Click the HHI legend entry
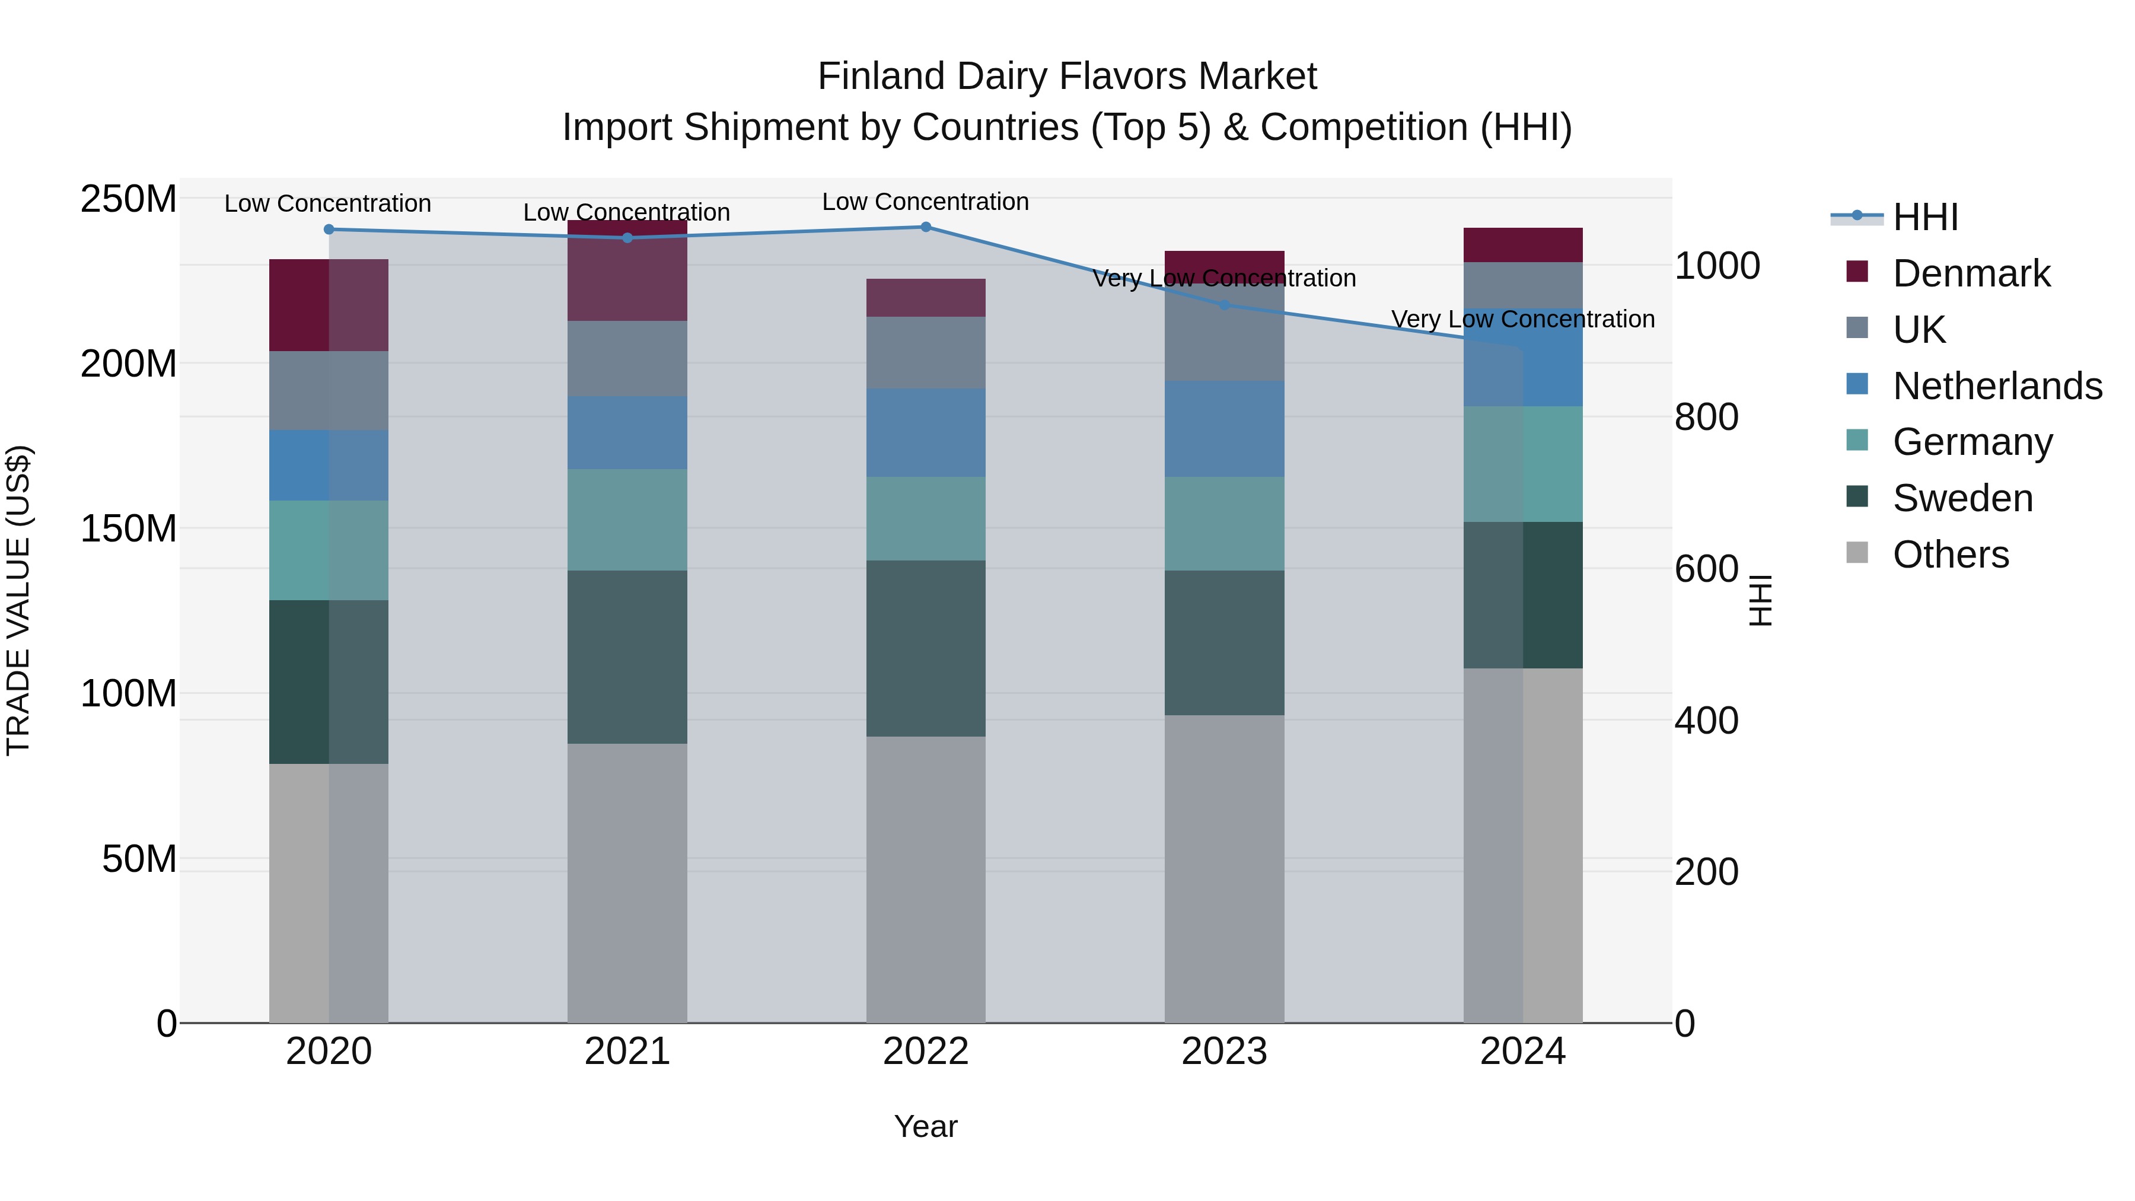(1924, 217)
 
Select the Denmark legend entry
(1970, 273)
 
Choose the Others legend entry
(1950, 555)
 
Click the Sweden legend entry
(1962, 498)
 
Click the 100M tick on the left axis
(129, 693)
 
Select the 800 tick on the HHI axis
(1706, 417)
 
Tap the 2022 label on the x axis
(926, 1052)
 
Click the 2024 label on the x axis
(1522, 1052)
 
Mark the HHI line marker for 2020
(329, 230)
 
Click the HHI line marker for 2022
(926, 227)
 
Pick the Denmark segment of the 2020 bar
(329, 305)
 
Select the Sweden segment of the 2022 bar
(926, 648)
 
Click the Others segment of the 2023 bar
(1224, 869)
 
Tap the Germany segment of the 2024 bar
(1522, 464)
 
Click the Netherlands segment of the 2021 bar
(627, 433)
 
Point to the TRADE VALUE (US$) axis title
(18, 600)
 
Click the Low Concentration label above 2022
(925, 202)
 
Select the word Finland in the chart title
(880, 77)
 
